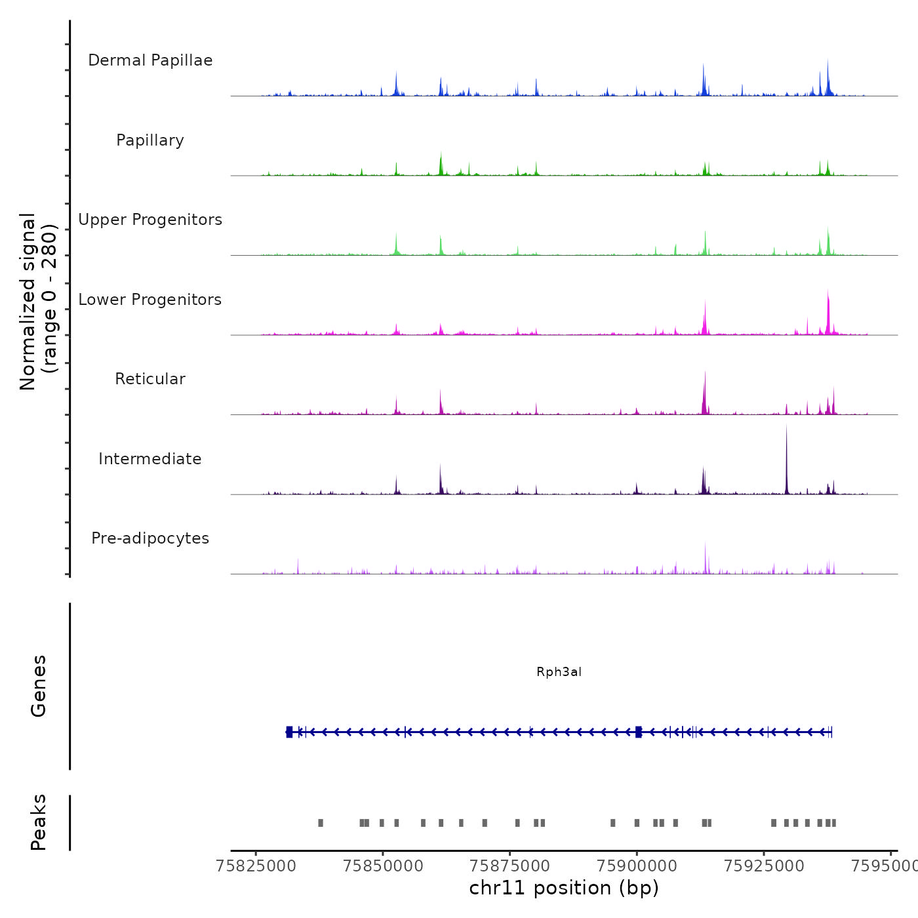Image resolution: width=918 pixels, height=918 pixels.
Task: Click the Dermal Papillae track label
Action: click(x=150, y=60)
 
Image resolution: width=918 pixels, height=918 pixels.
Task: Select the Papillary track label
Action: click(x=150, y=140)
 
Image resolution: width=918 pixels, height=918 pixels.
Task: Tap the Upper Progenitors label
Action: click(x=150, y=220)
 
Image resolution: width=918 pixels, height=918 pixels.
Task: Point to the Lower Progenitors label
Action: click(x=150, y=300)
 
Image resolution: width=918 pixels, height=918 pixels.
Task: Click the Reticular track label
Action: click(x=150, y=379)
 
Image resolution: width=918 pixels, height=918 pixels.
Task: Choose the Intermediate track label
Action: click(x=150, y=459)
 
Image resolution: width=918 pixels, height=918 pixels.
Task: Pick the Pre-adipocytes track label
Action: click(x=150, y=538)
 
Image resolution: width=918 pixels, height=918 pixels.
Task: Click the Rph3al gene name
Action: click(x=559, y=672)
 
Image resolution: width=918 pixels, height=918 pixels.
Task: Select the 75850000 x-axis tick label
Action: click(x=383, y=866)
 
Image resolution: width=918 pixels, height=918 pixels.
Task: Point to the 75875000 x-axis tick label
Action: click(x=510, y=866)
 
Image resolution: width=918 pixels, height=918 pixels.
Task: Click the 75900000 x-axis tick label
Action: click(x=637, y=866)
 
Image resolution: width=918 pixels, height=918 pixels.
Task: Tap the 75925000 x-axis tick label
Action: click(x=764, y=866)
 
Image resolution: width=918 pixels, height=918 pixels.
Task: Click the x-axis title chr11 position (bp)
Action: click(x=564, y=888)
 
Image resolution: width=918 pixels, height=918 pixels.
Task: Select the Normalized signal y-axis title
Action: click(x=38, y=301)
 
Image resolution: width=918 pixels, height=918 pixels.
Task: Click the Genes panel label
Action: click(x=39, y=686)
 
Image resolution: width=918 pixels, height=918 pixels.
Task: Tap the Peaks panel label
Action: click(x=39, y=822)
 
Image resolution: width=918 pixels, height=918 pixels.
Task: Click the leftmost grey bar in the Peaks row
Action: click(x=321, y=823)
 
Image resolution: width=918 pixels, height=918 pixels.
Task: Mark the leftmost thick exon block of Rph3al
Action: click(x=289, y=732)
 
